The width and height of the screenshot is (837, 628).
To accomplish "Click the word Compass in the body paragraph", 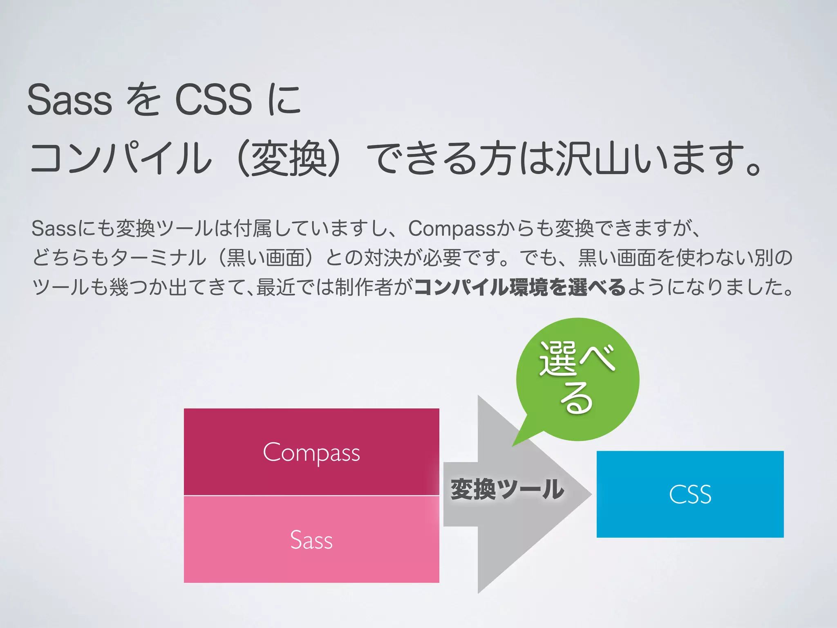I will (451, 228).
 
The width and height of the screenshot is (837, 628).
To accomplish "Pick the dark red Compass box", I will (311, 452).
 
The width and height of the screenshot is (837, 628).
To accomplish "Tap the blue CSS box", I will (690, 494).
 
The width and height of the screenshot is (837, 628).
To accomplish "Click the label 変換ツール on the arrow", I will (507, 489).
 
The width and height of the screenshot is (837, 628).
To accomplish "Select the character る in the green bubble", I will (576, 399).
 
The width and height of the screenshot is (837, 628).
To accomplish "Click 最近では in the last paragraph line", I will (294, 287).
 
